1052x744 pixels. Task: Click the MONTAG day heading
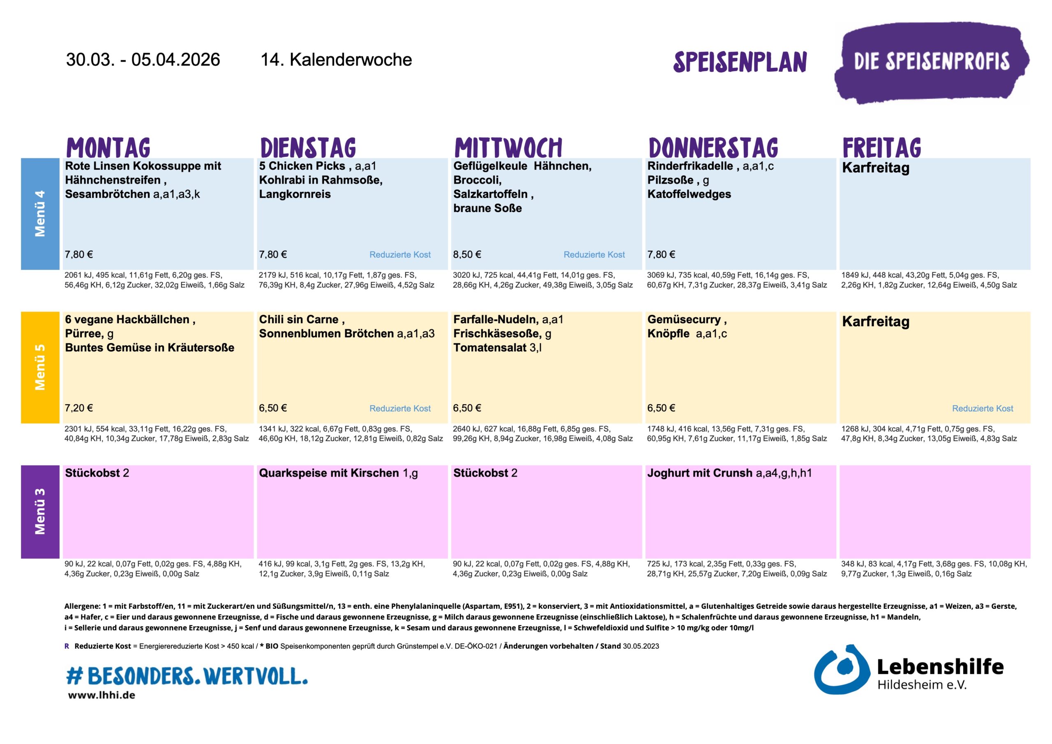tap(108, 147)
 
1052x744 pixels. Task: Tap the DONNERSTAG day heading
tap(713, 147)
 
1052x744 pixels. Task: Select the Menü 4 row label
tap(40, 214)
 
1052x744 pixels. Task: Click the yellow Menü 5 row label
tap(40, 367)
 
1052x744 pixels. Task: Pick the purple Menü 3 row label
tap(40, 511)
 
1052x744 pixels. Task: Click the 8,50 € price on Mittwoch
tap(467, 254)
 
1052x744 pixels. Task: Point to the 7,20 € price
tap(79, 408)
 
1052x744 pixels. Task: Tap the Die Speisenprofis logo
tap(931, 62)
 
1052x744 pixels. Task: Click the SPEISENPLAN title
tap(740, 62)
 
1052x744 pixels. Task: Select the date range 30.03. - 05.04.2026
tap(143, 60)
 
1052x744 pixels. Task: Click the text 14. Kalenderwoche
tap(336, 60)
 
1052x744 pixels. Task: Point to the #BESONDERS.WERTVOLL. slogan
tap(187, 676)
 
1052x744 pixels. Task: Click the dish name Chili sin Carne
tap(299, 319)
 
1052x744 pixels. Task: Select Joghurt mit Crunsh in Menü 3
tap(700, 473)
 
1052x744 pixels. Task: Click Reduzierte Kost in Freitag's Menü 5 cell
tap(983, 408)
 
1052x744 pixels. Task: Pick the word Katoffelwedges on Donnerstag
tap(689, 194)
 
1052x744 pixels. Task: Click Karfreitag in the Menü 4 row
tap(876, 168)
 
